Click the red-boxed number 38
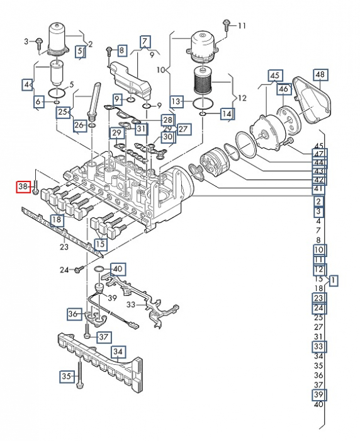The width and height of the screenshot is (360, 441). pyautogui.click(x=23, y=186)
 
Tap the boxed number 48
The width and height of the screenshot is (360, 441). pyautogui.click(x=320, y=75)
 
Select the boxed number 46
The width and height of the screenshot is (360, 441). pyautogui.click(x=284, y=89)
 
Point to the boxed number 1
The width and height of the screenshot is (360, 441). pyautogui.click(x=334, y=280)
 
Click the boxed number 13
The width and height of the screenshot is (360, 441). pyautogui.click(x=176, y=101)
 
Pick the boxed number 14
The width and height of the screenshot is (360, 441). pyautogui.click(x=227, y=114)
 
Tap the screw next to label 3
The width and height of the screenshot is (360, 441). pyautogui.click(x=40, y=45)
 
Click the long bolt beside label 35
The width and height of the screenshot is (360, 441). pyautogui.click(x=80, y=374)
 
